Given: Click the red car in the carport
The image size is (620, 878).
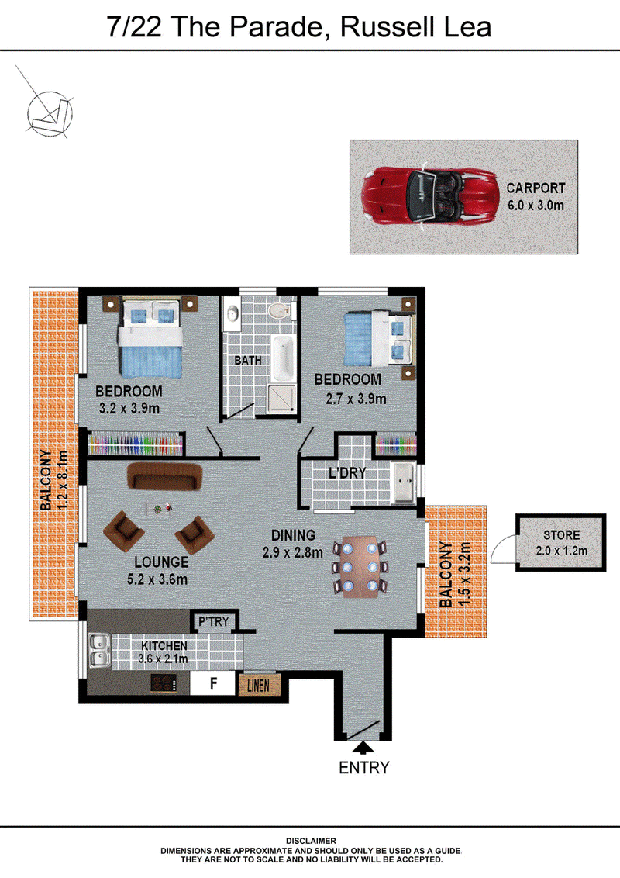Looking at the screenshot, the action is click(430, 195).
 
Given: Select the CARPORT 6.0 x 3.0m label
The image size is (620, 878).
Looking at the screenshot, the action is click(536, 196).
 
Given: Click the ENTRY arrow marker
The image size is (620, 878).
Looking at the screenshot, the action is click(363, 748).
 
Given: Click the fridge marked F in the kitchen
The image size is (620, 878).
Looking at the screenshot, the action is click(212, 683).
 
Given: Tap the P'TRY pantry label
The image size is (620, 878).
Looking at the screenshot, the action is click(214, 621).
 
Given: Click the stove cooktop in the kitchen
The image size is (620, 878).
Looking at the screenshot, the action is click(164, 683).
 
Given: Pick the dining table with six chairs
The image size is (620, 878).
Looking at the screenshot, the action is click(360, 567).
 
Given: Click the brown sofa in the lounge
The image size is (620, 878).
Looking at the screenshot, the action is click(164, 476).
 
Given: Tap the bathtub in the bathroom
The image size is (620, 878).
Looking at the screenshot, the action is click(283, 358).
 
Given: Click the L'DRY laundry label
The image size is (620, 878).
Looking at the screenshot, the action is click(347, 473).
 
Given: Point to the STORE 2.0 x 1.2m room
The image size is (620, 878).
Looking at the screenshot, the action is click(560, 543).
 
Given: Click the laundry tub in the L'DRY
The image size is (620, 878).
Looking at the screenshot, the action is click(404, 482).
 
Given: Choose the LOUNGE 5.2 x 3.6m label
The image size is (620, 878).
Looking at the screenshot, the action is click(160, 571).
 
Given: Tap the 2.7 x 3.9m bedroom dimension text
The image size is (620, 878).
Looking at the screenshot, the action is click(356, 399).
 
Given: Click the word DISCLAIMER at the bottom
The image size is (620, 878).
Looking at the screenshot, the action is click(311, 841).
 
